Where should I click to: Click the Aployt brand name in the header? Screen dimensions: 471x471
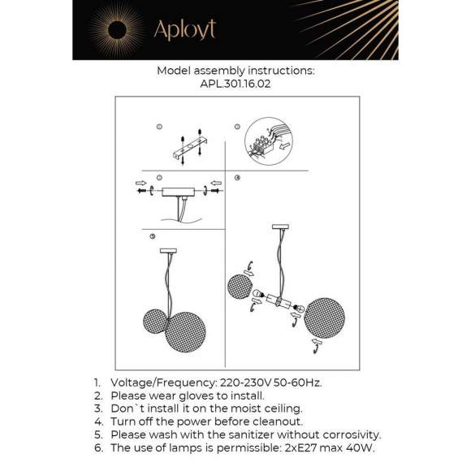pos(184,31)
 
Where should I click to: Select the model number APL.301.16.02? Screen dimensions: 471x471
pos(235,82)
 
